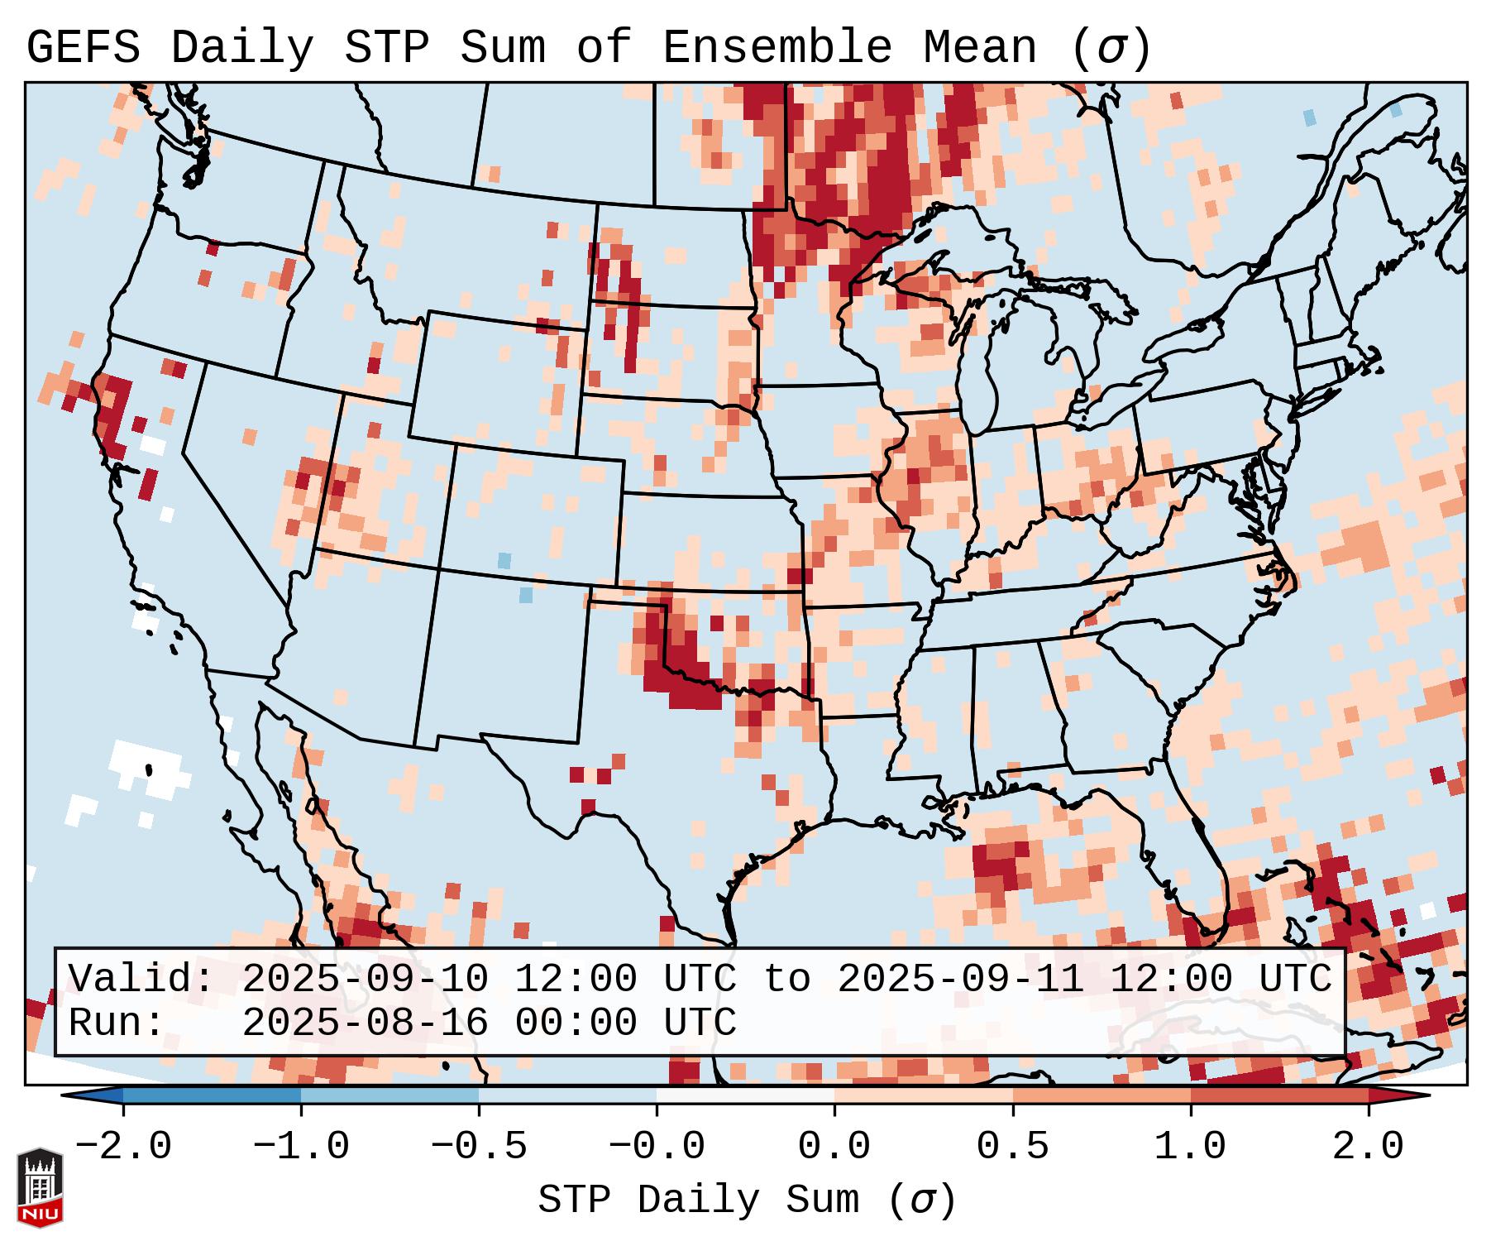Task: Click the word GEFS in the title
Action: (83, 48)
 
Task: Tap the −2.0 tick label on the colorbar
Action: (122, 1148)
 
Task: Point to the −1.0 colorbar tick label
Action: (300, 1148)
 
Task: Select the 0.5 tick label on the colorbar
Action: (1012, 1148)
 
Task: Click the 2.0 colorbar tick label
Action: (1368, 1148)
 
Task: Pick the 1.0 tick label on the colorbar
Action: (1190, 1148)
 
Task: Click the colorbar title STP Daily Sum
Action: (698, 1200)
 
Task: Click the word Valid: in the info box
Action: (141, 979)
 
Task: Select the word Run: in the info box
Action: (117, 1023)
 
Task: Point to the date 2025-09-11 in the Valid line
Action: (960, 979)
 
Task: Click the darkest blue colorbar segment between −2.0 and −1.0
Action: (212, 1095)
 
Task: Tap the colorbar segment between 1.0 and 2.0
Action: (1278, 1095)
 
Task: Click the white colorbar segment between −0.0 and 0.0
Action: (745, 1095)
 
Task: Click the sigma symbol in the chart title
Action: (1111, 48)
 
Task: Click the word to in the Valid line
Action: (786, 979)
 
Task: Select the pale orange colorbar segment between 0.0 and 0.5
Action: (923, 1095)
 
